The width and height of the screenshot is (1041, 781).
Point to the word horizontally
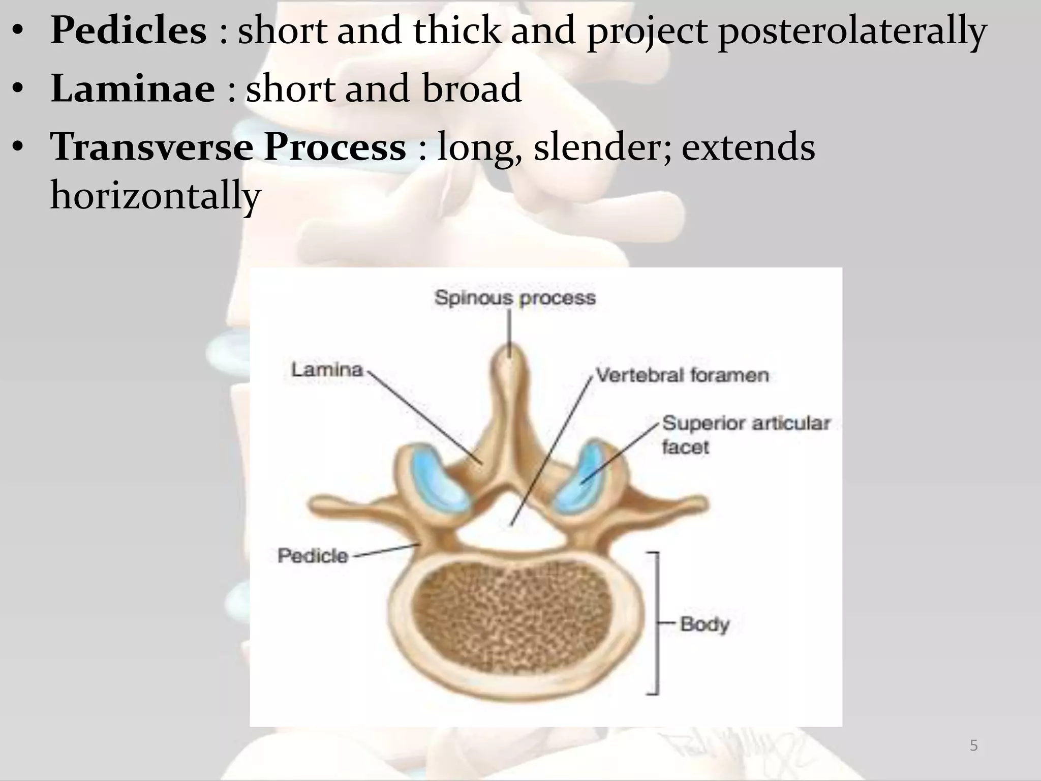tap(156, 196)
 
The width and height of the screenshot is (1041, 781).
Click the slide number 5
tap(973, 745)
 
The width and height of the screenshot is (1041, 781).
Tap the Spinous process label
tap(515, 297)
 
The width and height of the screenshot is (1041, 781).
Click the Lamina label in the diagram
tap(327, 370)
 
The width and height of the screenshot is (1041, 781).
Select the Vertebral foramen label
tap(682, 376)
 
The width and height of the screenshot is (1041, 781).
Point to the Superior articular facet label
tap(745, 435)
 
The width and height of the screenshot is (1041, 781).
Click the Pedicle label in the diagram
tap(313, 556)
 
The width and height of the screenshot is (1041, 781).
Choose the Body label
tap(704, 624)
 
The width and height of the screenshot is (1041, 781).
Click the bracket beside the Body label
tap(657, 623)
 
